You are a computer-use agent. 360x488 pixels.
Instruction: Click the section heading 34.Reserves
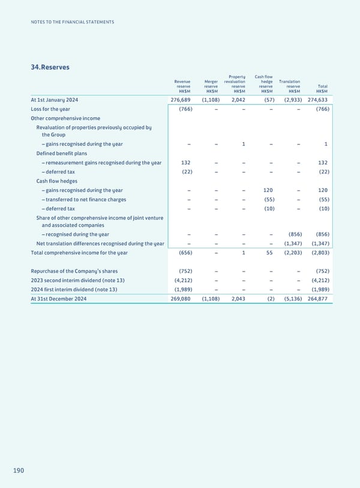pyautogui.click(x=50, y=67)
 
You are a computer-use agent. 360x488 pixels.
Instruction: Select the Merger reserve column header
pyautogui.click(x=211, y=86)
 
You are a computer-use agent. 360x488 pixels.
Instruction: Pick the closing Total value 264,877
pyautogui.click(x=317, y=299)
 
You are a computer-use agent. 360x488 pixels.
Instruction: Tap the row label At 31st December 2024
pyautogui.click(x=58, y=299)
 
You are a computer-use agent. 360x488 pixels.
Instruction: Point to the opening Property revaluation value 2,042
pyautogui.click(x=237, y=100)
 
